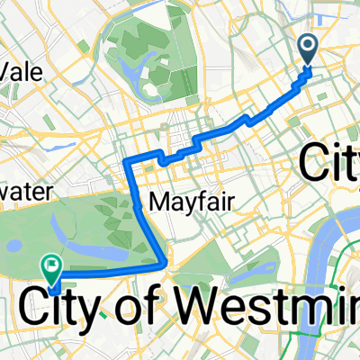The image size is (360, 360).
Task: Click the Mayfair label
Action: (184, 202)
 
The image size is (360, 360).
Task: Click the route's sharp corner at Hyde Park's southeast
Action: (166, 265)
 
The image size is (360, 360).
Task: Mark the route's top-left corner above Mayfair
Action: (126, 159)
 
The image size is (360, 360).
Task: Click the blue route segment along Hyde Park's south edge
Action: (108, 269)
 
